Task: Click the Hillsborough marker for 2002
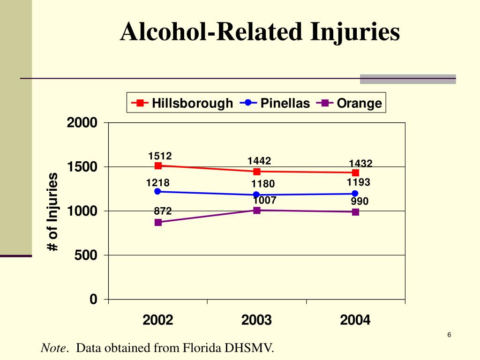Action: coord(158,165)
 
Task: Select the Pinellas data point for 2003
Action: coord(257,195)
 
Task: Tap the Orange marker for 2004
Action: coord(356,212)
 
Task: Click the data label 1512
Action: coord(160,156)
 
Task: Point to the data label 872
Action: coord(163,211)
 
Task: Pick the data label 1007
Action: coord(264,201)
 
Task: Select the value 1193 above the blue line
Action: coord(359,182)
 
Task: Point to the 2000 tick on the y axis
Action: coord(82,123)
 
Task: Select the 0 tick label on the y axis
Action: coord(94,300)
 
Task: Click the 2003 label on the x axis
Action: coord(256,320)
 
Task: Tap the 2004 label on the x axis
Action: coord(355,320)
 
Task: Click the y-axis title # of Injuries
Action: coord(53,212)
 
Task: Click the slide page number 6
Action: coord(449,335)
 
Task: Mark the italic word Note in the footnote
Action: coord(53,348)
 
